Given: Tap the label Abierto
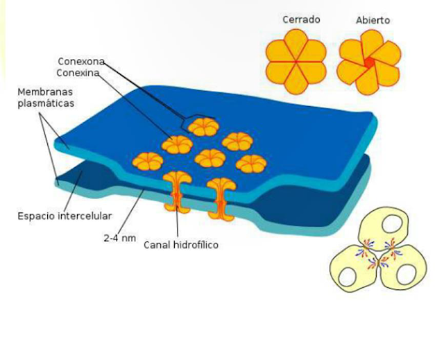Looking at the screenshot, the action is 373,20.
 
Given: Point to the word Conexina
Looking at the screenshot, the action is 78,72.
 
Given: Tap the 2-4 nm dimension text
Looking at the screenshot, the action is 119,239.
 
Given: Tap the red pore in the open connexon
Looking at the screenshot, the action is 370,62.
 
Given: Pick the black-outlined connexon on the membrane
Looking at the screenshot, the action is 204,126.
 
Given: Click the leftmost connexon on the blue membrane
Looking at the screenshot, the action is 148,161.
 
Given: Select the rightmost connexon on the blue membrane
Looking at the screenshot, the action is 250,164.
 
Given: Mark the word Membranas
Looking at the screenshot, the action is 46,92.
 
